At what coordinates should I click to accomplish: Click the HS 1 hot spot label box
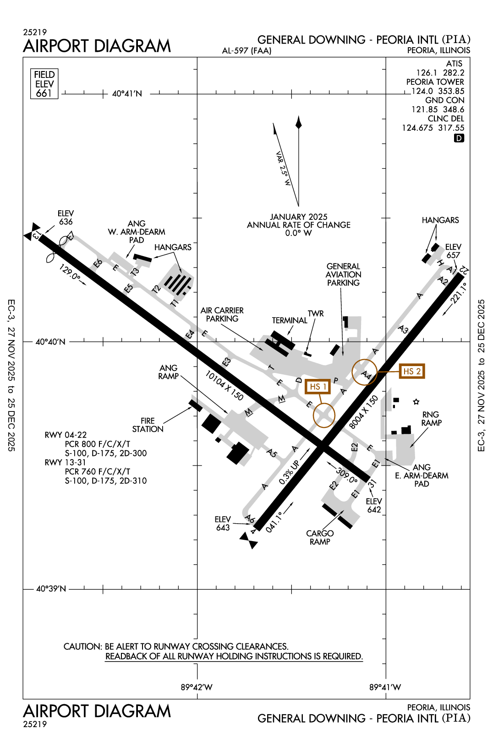[x=318, y=387]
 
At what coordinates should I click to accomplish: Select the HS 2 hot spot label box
[x=412, y=371]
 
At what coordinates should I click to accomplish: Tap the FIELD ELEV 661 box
[x=44, y=84]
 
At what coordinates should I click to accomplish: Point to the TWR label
[x=316, y=314]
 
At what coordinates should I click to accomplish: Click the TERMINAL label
[x=290, y=320]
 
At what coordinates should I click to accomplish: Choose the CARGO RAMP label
[x=320, y=537]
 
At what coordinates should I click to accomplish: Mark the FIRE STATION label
[x=148, y=425]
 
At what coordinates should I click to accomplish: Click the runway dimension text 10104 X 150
[x=224, y=385]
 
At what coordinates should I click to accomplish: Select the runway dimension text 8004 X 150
[x=364, y=411]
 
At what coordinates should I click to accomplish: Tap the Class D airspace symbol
[x=459, y=138]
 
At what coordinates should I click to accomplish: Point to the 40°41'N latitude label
[x=127, y=94]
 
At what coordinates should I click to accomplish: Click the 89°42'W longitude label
[x=197, y=687]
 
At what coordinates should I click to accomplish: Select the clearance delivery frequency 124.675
[x=417, y=128]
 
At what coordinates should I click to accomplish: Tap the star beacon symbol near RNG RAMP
[x=416, y=402]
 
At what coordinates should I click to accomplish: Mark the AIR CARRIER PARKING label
[x=222, y=314]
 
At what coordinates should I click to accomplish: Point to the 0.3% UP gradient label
[x=289, y=472]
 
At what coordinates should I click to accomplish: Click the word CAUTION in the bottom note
[x=82, y=646]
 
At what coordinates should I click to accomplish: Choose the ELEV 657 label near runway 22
[x=453, y=251]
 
